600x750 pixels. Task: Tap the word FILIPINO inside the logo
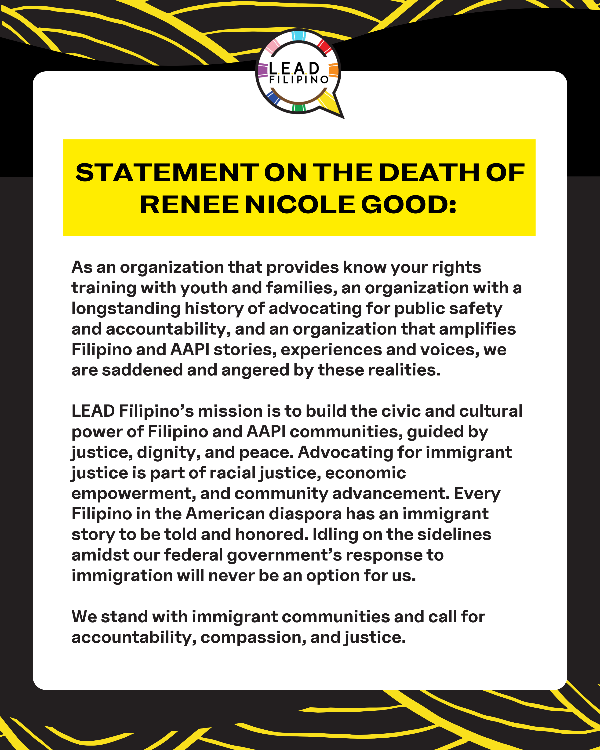299,80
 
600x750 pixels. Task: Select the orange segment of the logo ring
333,70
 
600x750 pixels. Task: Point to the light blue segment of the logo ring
298,36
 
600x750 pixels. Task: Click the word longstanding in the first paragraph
126,309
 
